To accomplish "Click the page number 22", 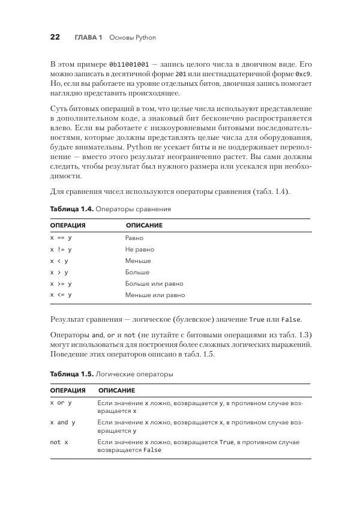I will pos(55,37).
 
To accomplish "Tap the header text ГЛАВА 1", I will pos(88,38).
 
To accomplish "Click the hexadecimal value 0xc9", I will pos(304,73).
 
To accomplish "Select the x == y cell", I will pos(61,238).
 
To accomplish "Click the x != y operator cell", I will pos(61,250).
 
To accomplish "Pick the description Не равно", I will pos(140,250).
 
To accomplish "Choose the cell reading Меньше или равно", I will pos(155,295).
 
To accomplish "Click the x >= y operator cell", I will pos(61,284).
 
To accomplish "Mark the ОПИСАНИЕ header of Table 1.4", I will pos(144,226).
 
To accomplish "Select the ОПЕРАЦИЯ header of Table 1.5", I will pos(68,391).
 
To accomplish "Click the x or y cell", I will pos(61,403).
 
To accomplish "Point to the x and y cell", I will pos(63,423).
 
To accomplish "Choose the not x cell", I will pos(59,442).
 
